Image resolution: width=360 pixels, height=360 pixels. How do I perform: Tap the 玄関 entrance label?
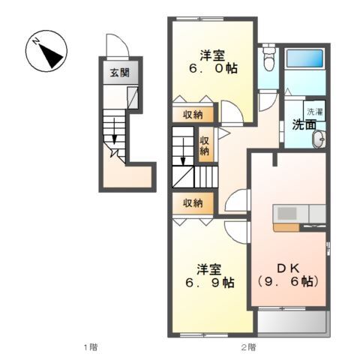click(x=120, y=73)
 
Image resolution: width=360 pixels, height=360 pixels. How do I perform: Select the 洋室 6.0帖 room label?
click(x=213, y=61)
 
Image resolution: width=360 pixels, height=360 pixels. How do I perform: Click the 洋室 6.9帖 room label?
click(x=210, y=276)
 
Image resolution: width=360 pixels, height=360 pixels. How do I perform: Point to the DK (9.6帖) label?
click(x=288, y=275)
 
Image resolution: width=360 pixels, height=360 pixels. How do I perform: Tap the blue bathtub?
click(x=304, y=58)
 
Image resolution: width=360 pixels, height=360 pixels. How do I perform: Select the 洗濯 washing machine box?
click(x=314, y=111)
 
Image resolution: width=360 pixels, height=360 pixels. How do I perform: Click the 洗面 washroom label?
click(x=304, y=124)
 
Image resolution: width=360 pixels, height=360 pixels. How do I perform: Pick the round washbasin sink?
click(x=319, y=139)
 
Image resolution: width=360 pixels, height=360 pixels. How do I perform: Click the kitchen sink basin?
click(x=286, y=214)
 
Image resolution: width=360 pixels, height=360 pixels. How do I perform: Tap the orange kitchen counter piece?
click(x=286, y=227)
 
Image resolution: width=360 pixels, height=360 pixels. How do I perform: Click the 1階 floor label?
click(x=91, y=347)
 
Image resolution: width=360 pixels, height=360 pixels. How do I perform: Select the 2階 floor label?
click(x=248, y=347)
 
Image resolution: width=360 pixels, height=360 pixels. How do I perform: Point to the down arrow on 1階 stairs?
click(x=114, y=131)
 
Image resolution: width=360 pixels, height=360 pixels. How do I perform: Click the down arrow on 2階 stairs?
click(x=183, y=151)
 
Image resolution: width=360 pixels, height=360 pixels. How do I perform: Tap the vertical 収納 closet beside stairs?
click(x=205, y=145)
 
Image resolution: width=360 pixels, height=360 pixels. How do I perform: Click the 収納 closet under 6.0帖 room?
click(x=193, y=115)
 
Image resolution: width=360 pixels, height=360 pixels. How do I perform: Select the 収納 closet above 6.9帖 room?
click(x=193, y=203)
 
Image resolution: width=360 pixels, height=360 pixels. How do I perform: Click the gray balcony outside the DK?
click(x=292, y=322)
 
